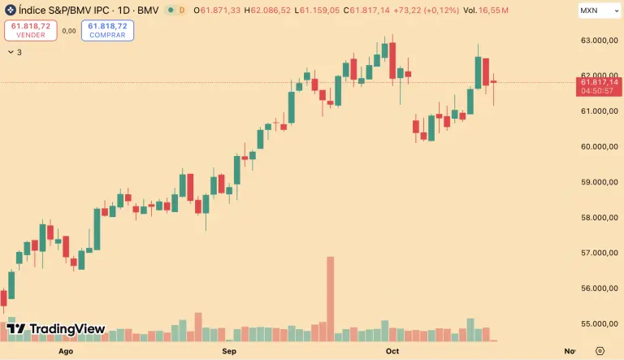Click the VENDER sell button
point(30,30)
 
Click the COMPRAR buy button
point(107,30)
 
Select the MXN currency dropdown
point(598,11)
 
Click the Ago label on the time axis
point(66,351)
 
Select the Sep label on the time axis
point(229,351)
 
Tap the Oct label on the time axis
point(392,351)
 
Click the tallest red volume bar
point(331,298)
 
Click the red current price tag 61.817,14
point(599,82)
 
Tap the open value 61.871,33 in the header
point(219,11)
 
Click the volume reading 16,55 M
point(493,11)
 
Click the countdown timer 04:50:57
point(599,90)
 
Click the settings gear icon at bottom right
point(599,351)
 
